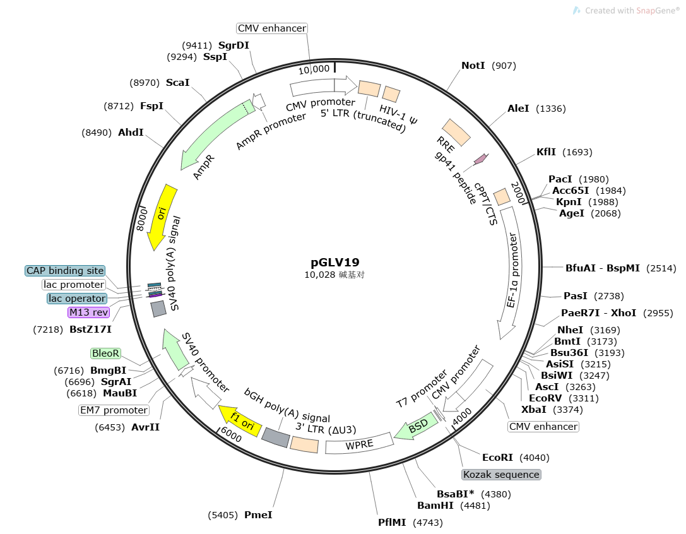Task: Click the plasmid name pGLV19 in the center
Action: click(334, 263)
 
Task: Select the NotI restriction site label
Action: click(473, 66)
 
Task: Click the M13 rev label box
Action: click(88, 312)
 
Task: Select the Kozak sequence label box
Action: click(501, 474)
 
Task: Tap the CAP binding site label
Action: click(64, 271)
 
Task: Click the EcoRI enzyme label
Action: click(497, 458)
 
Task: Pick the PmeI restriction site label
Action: click(258, 515)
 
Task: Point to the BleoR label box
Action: click(105, 353)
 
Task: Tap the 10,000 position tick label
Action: click(314, 69)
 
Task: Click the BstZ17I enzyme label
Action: click(91, 329)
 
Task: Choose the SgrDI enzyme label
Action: click(234, 45)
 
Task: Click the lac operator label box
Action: click(77, 298)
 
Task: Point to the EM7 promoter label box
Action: click(114, 410)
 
